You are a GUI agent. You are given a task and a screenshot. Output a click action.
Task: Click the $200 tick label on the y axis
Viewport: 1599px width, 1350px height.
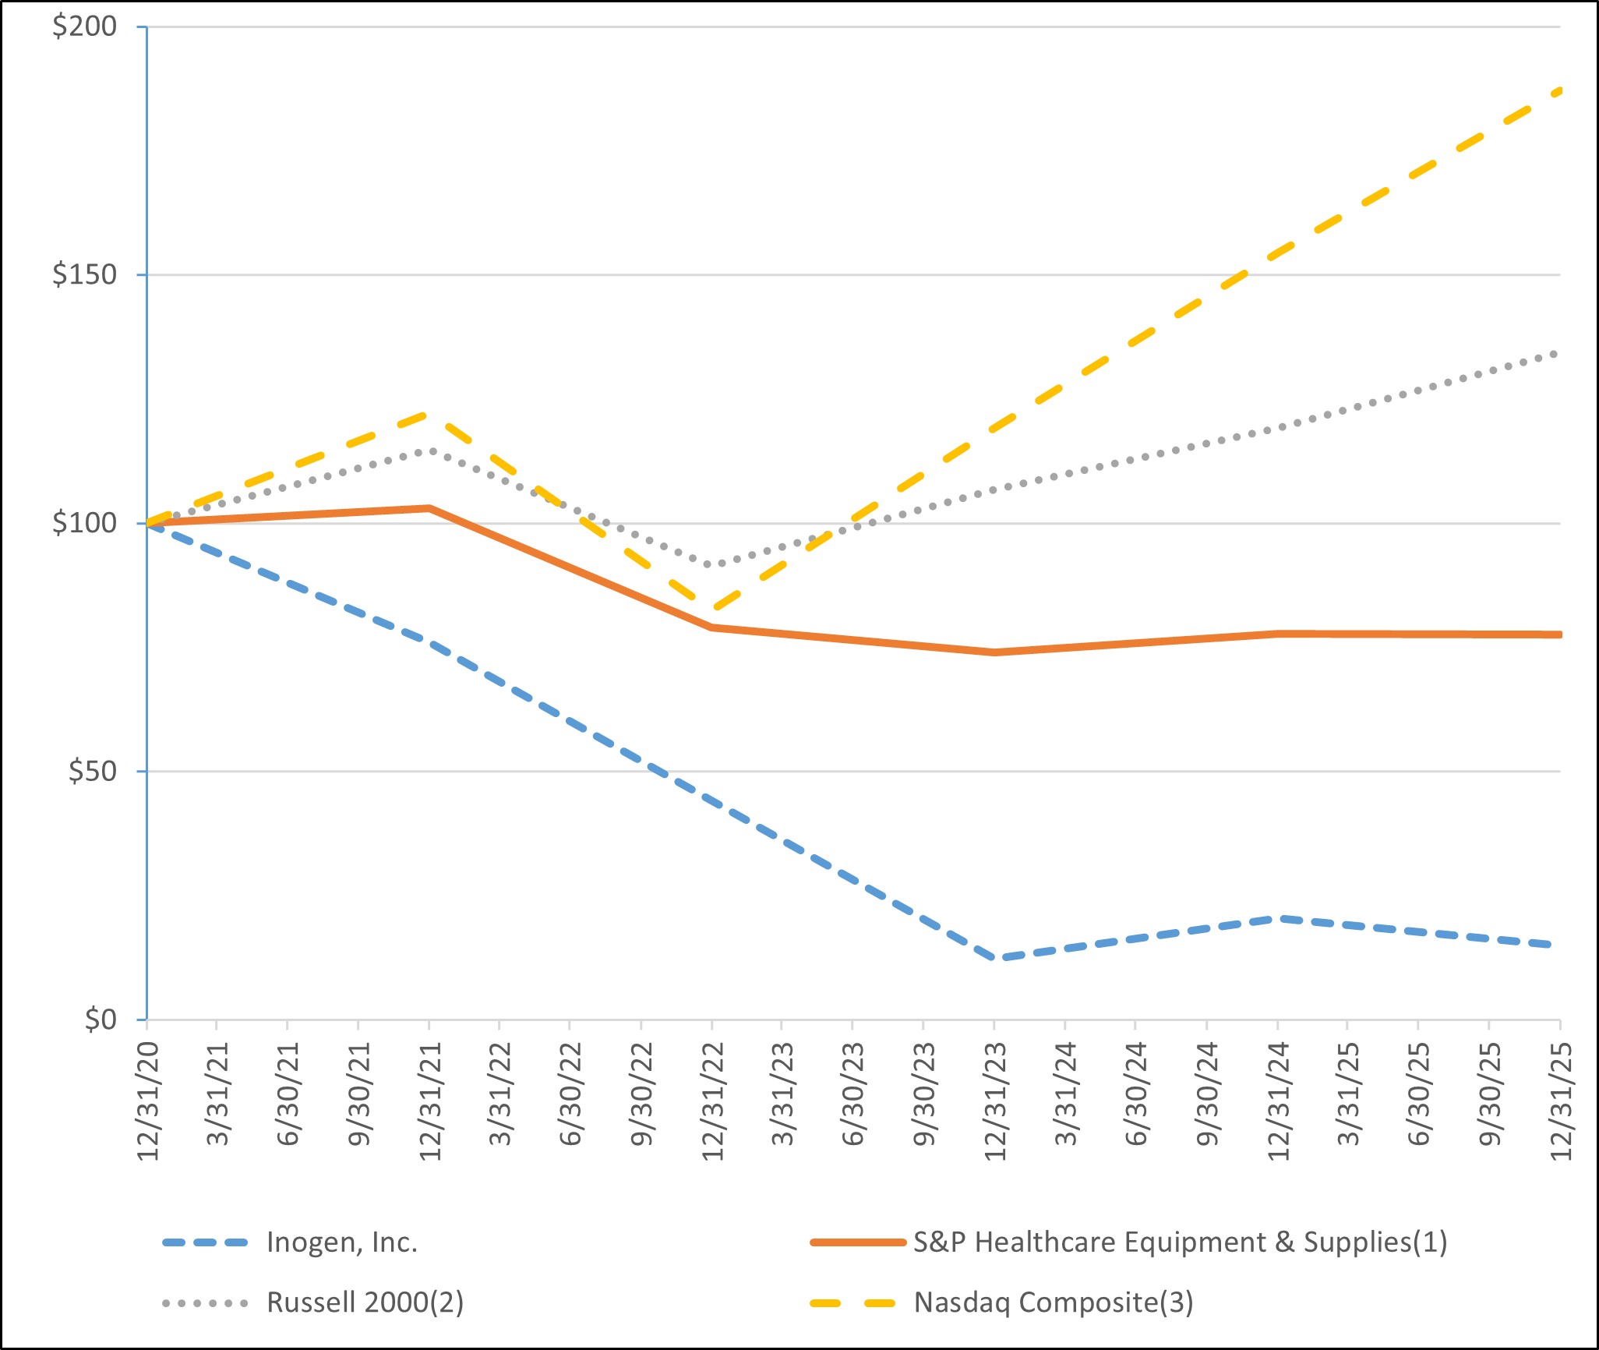(x=84, y=27)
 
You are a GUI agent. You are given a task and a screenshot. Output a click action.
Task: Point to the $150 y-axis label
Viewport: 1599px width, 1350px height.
(x=84, y=274)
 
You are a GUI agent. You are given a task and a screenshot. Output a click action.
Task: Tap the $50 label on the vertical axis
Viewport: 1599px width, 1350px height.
(x=92, y=771)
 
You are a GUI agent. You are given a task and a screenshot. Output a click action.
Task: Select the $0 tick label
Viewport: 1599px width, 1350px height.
(x=100, y=1019)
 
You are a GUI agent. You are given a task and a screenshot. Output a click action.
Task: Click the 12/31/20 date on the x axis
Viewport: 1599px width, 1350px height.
(x=148, y=1101)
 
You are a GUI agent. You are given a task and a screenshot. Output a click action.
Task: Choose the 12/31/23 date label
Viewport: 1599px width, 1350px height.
(x=995, y=1101)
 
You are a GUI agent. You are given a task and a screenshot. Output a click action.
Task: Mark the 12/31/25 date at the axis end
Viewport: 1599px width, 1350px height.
(x=1561, y=1101)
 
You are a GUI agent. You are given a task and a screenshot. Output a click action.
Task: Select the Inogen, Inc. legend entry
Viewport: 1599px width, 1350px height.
(x=342, y=1242)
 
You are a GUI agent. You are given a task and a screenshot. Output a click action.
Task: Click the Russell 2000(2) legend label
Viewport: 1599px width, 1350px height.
(x=365, y=1302)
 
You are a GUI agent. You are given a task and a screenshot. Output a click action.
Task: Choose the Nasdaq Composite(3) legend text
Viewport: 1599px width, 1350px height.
(x=1054, y=1302)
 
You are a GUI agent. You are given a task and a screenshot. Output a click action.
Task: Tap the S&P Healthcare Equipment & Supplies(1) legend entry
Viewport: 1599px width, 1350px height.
(x=1180, y=1242)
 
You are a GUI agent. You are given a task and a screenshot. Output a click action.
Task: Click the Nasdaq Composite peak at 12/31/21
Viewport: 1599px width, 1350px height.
(x=429, y=413)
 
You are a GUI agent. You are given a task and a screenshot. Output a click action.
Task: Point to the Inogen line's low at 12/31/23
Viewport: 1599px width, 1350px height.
(x=995, y=958)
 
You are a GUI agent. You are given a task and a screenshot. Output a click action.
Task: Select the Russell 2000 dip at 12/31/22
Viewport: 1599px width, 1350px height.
(x=712, y=564)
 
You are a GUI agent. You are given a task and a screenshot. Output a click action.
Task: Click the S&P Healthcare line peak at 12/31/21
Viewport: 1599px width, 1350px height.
(x=429, y=508)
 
